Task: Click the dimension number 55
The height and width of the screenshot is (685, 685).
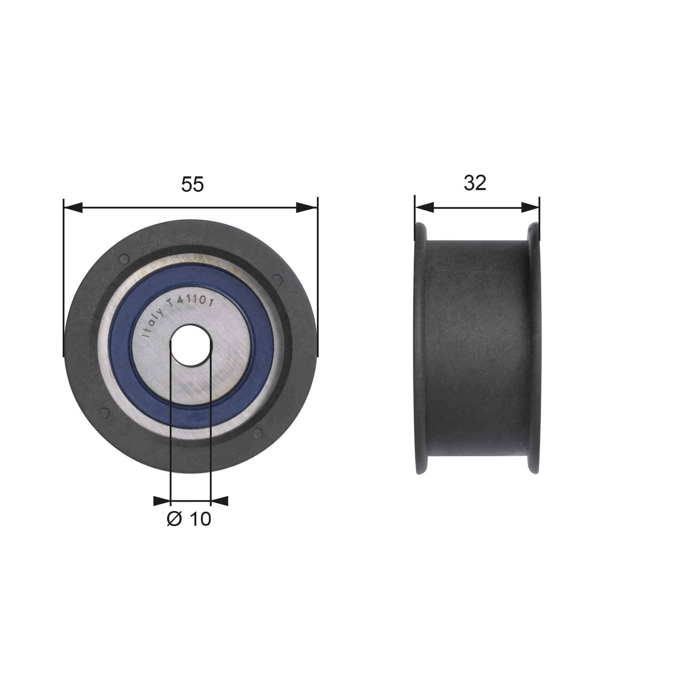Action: (x=192, y=184)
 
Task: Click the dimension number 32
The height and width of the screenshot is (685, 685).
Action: (x=475, y=183)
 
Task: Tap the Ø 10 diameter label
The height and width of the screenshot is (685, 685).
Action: (x=189, y=519)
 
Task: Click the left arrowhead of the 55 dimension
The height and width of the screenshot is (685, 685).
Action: (x=73, y=208)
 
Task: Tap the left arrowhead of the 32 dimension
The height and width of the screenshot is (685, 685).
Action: (x=424, y=208)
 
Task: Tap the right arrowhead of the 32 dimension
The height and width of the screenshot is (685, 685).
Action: (x=531, y=208)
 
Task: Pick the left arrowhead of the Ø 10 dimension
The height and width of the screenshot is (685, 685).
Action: (x=162, y=501)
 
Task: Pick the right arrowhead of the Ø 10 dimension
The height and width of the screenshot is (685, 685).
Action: (x=220, y=501)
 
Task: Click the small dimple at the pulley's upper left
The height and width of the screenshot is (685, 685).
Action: (x=124, y=259)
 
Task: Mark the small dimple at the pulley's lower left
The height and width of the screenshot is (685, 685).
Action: (x=104, y=412)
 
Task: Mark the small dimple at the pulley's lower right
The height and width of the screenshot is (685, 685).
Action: (x=258, y=432)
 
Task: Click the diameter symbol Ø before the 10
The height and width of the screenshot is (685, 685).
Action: (x=174, y=519)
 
